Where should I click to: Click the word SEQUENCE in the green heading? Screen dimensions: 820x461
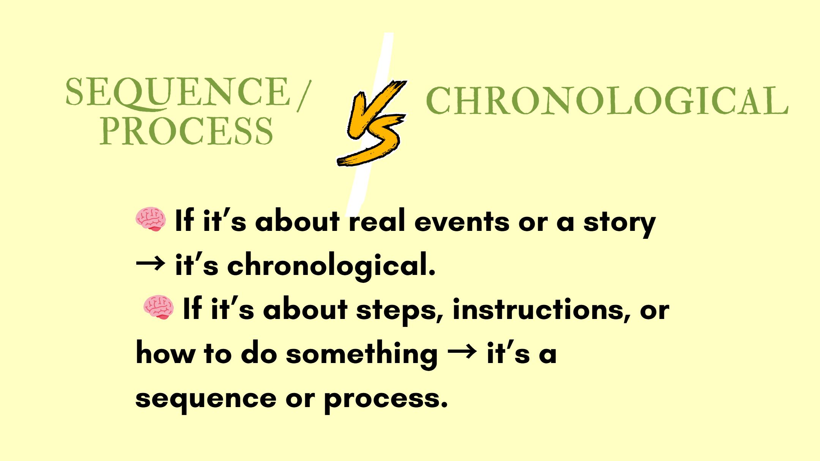178,92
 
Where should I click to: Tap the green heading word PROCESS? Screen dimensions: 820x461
186,131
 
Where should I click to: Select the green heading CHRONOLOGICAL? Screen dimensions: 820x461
607,100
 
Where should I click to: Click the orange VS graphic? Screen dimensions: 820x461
372,123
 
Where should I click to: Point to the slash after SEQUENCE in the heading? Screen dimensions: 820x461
304,96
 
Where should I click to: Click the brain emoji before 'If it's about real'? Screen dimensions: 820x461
151,219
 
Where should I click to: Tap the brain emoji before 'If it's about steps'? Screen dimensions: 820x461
159,307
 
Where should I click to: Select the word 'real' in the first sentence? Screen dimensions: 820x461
377,221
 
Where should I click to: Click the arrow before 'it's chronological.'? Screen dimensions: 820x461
150,263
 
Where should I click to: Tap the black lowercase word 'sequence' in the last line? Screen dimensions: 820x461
206,399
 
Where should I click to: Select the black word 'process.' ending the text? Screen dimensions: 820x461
386,399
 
